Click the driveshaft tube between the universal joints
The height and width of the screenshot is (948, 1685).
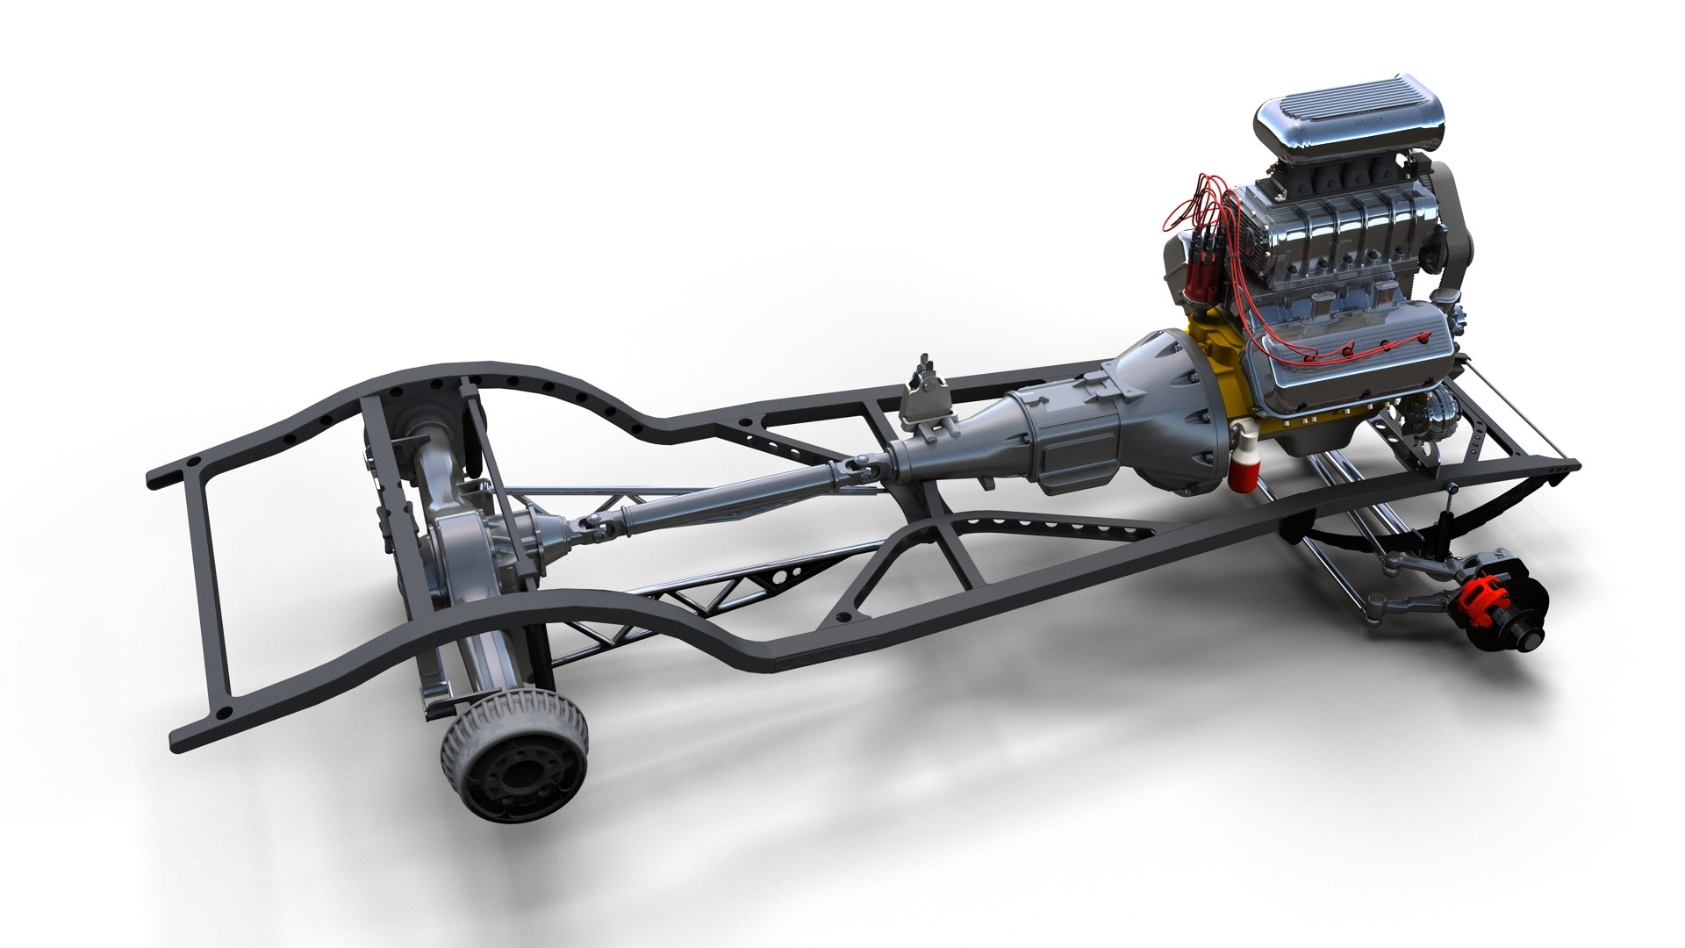[728, 496]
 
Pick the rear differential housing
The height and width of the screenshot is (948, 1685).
[478, 544]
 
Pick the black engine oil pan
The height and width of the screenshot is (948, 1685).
[1299, 439]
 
